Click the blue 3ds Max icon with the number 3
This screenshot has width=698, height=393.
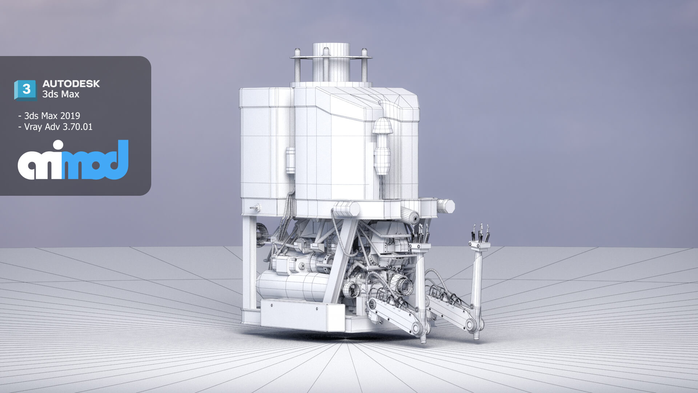click(x=25, y=90)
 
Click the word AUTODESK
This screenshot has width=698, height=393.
click(x=71, y=84)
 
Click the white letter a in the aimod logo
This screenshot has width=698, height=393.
click(x=31, y=166)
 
